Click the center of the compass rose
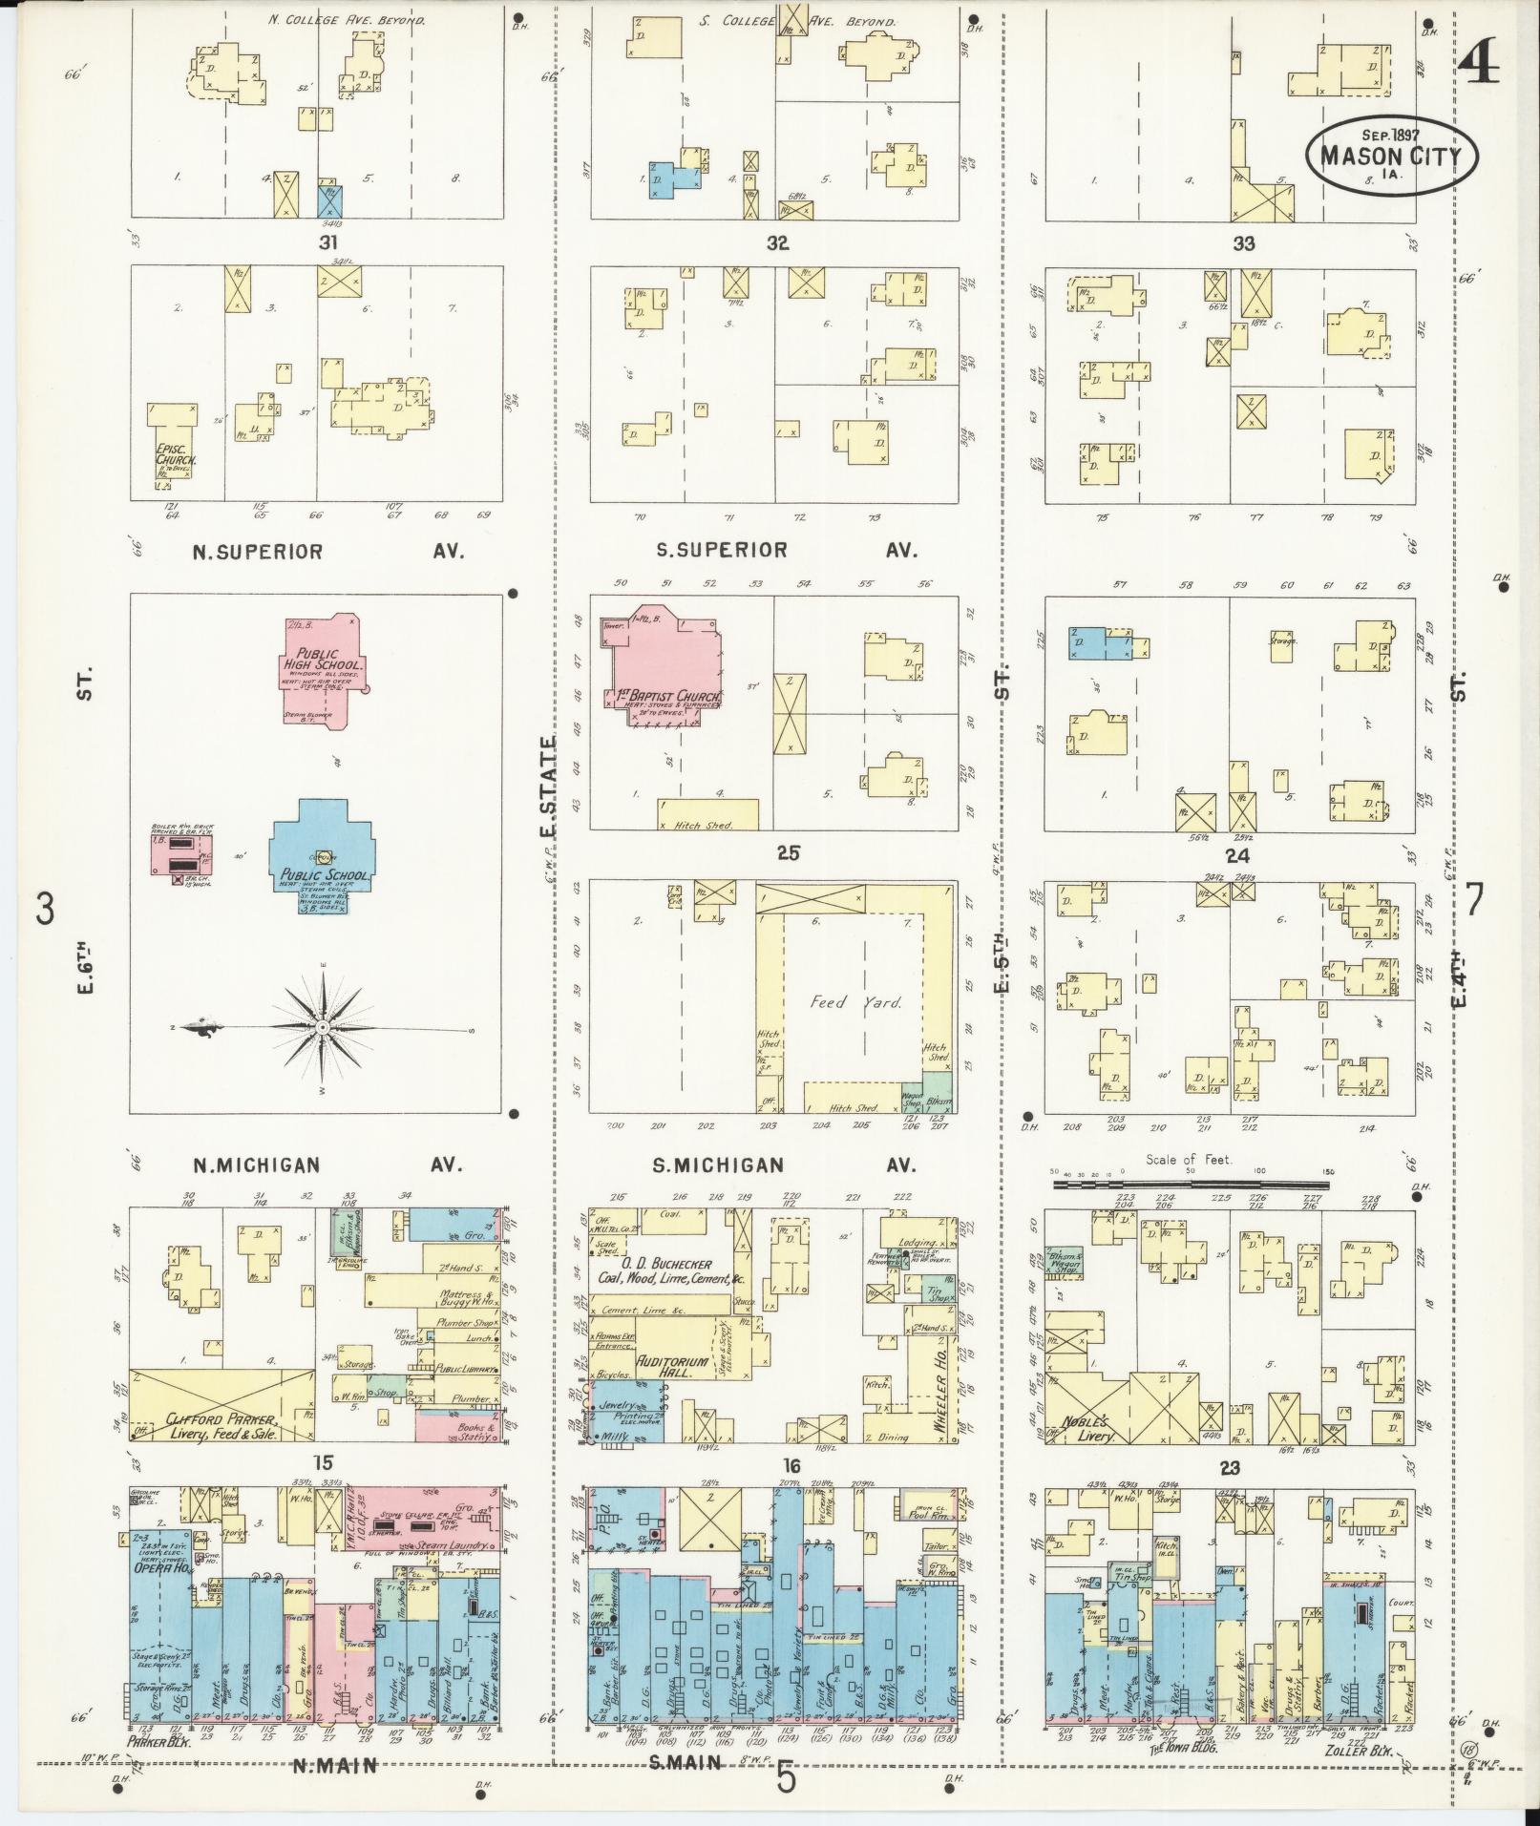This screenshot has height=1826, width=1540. [324, 1026]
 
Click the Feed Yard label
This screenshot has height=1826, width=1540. [842, 1002]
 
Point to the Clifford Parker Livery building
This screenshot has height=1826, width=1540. [221, 1426]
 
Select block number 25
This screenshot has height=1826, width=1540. [788, 852]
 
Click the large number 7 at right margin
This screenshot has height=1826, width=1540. [1475, 899]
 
